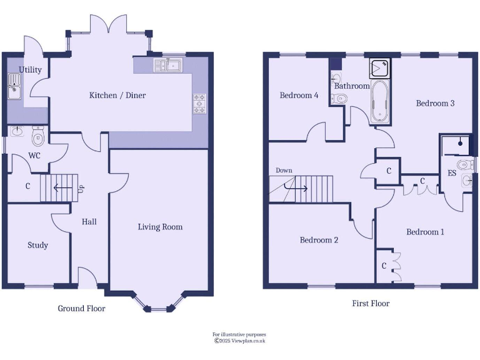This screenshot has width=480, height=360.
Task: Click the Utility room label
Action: click(30, 69)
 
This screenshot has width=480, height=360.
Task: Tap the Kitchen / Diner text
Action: click(117, 95)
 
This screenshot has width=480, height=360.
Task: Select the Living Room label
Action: click(160, 227)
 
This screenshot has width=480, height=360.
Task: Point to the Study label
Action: click(37, 245)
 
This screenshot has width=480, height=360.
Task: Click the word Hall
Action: click(89, 221)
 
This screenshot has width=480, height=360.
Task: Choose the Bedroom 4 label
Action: click(299, 96)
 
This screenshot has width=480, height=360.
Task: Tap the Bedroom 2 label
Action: click(319, 240)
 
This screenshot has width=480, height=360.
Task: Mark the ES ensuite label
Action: click(451, 173)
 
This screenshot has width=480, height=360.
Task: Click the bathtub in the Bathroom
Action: click(379, 101)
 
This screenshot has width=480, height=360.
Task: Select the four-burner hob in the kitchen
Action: click(200, 104)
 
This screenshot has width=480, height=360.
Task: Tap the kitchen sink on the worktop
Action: click(167, 64)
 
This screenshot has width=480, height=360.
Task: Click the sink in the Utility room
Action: click(14, 86)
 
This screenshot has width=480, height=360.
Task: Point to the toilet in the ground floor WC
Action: click(37, 136)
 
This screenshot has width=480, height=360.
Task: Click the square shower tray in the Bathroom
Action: click(380, 67)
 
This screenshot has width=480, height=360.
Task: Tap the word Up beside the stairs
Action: click(81, 187)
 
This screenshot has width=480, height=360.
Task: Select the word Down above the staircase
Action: click(284, 170)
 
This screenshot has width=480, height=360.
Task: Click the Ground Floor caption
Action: click(81, 308)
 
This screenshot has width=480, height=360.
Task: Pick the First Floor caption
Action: click(371, 303)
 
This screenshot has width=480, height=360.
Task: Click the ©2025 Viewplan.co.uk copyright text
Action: click(240, 341)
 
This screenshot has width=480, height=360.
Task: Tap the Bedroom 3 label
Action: click(435, 103)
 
